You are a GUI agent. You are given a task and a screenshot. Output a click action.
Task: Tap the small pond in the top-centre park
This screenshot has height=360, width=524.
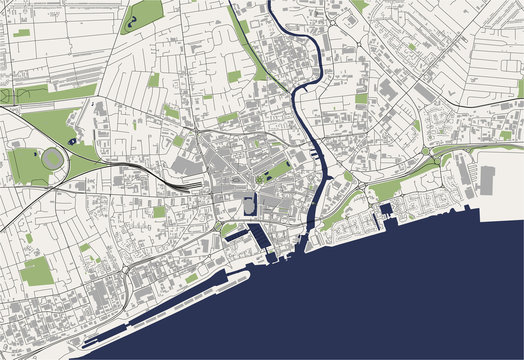[131, 19]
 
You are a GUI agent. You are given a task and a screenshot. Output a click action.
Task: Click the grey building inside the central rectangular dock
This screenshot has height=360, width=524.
[248, 206]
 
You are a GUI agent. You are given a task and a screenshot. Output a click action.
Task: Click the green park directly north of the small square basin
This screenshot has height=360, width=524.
[385, 189]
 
